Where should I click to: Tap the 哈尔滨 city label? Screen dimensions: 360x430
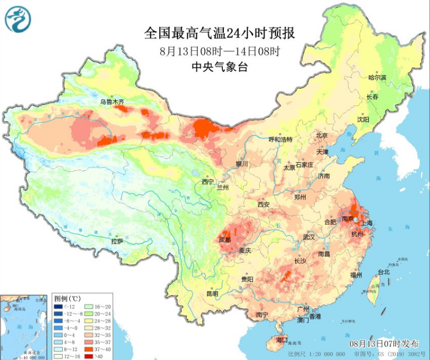click(x=377, y=78)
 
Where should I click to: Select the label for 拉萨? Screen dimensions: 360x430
click(x=117, y=241)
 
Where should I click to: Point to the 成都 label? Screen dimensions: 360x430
click(x=224, y=239)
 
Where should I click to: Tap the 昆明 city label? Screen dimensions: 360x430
click(x=212, y=294)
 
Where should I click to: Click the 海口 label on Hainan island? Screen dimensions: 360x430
click(x=282, y=340)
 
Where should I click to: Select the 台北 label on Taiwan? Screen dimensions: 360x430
click(x=383, y=272)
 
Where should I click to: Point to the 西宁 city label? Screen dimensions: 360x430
click(x=208, y=182)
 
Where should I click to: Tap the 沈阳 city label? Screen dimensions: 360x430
click(x=362, y=119)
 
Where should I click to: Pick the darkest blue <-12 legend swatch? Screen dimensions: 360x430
click(x=57, y=306)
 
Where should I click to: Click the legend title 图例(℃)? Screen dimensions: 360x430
click(x=68, y=298)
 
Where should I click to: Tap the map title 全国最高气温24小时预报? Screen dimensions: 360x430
click(x=219, y=34)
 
